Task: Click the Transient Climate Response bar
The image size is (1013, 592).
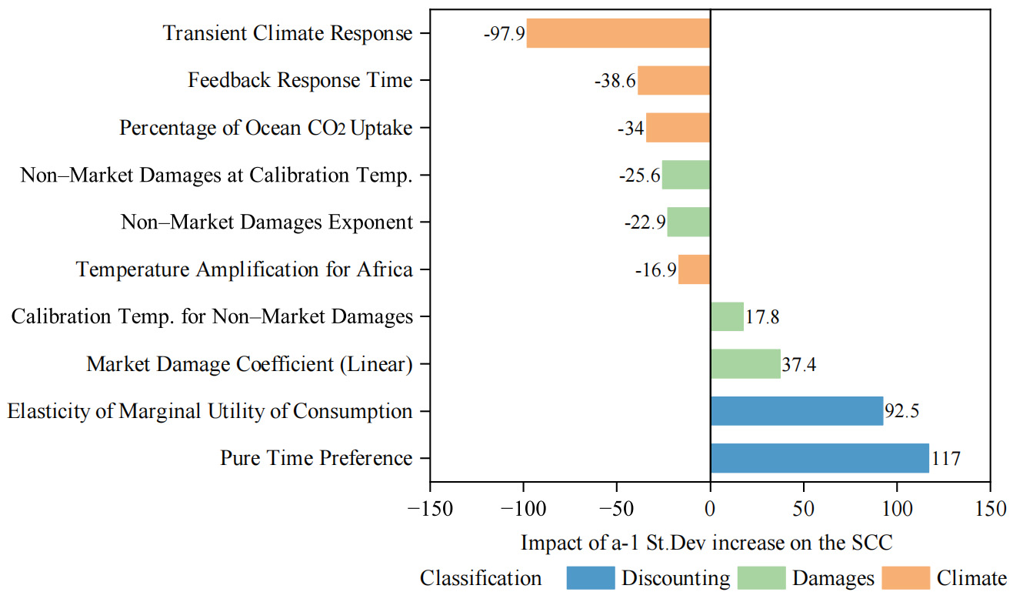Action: pos(618,33)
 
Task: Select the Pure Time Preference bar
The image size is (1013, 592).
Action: pos(819,458)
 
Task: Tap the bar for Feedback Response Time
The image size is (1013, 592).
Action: pos(673,80)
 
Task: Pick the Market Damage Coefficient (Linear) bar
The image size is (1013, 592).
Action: pos(745,363)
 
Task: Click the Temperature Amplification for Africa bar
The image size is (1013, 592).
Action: pos(694,269)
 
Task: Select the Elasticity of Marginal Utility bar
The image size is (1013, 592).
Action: pos(796,411)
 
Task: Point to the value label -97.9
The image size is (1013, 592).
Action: pos(503,34)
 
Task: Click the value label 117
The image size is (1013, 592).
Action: pos(946,460)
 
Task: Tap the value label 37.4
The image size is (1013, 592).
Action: pos(798,364)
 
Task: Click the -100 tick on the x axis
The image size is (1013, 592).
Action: pos(523,510)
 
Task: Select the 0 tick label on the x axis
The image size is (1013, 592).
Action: pos(710,510)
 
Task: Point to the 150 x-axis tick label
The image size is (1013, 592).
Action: pos(989,510)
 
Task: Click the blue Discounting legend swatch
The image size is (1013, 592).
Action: pos(590,577)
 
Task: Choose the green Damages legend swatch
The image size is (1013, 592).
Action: pos(761,577)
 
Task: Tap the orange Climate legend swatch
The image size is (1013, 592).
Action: pos(905,577)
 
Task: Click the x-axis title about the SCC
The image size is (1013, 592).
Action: pos(706,542)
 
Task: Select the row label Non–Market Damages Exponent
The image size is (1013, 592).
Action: pos(267,222)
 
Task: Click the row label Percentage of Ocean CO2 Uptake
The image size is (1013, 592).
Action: pos(265,128)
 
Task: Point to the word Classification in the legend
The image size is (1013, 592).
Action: pos(481,577)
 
